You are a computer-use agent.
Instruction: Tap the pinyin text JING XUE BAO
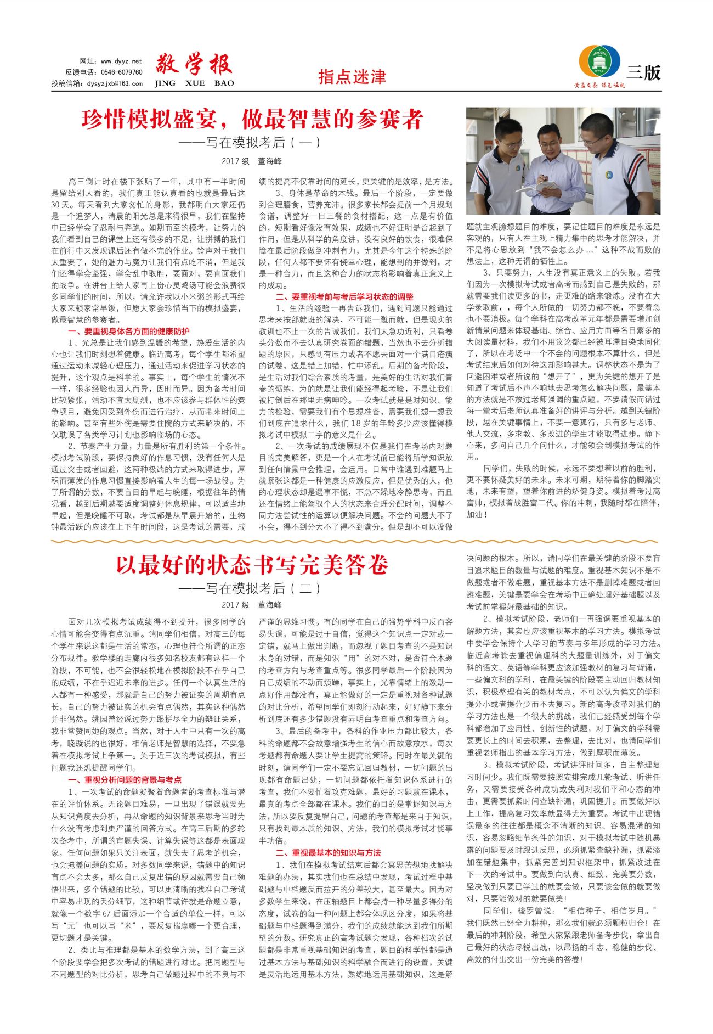194,83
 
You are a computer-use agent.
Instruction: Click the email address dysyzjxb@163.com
115,83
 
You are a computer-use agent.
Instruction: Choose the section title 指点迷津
352,77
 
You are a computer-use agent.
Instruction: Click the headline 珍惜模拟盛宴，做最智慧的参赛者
252,119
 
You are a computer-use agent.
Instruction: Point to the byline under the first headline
252,161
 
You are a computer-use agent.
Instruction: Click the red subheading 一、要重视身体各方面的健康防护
129,331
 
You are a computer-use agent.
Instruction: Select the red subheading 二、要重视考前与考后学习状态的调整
344,297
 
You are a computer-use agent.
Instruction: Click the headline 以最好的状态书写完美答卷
252,565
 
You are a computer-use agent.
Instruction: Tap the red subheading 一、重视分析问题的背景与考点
125,780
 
